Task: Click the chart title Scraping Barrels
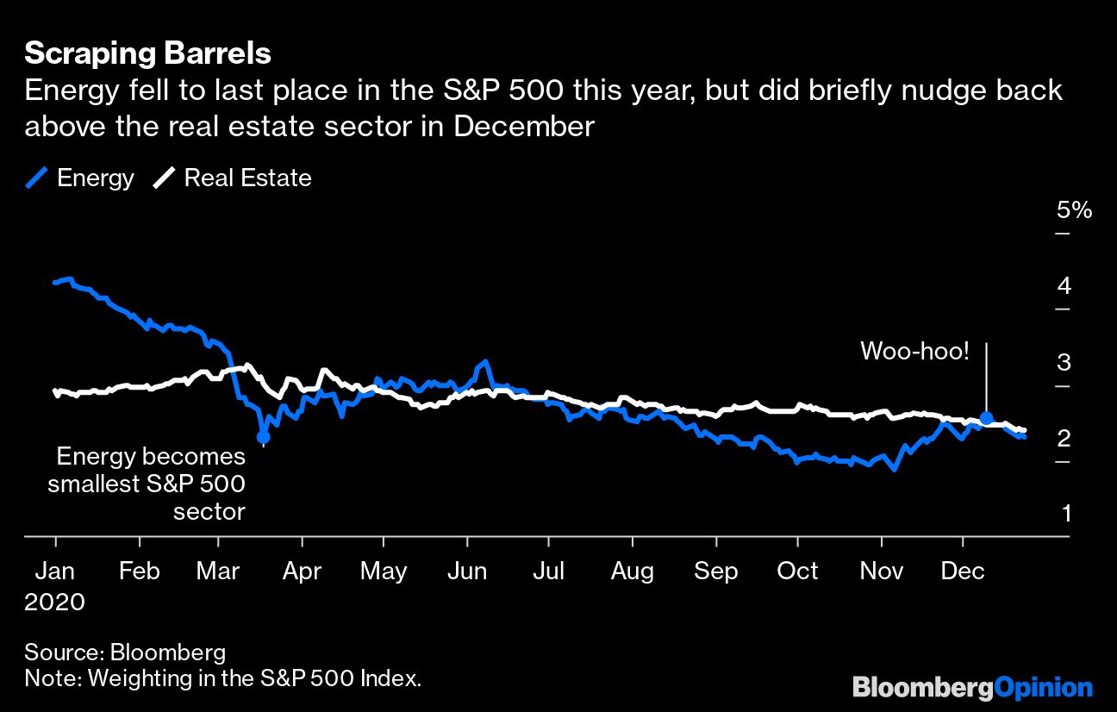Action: tap(147, 54)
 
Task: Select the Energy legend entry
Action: tap(81, 178)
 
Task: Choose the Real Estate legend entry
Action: tap(233, 178)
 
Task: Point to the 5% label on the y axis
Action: tap(1074, 210)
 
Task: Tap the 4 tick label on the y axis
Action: tap(1065, 286)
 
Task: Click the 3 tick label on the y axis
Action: tap(1065, 363)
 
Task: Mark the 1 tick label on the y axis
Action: tap(1066, 514)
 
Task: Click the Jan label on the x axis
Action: tap(56, 571)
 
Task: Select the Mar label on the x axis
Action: tap(219, 571)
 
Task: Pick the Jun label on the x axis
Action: tap(466, 571)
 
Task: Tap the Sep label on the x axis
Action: tap(716, 571)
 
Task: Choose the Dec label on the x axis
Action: tap(963, 571)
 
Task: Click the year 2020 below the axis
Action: tap(54, 601)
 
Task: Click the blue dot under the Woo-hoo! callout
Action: tap(986, 417)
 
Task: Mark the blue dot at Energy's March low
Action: tap(264, 437)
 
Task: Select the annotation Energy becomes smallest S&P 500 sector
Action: tap(147, 484)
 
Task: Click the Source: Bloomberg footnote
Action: tap(125, 652)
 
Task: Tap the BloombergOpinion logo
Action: tap(972, 688)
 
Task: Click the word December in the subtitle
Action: tap(524, 127)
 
